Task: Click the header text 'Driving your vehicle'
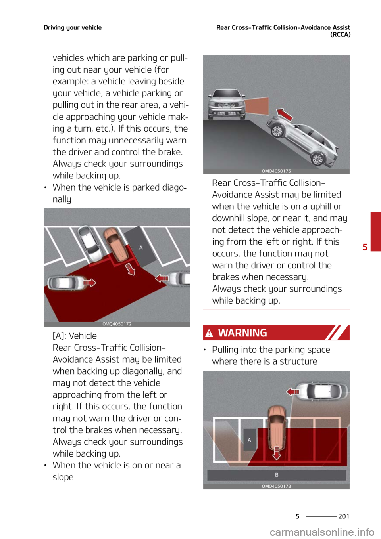73,27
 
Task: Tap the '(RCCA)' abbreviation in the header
340,35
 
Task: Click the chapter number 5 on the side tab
365,247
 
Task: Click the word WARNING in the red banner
242,333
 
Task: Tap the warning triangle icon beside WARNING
209,333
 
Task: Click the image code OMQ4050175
276,171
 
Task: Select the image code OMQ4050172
117,324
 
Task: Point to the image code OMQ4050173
276,486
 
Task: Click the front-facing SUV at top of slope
225,104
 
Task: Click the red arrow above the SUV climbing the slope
285,115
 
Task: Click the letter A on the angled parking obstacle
141,247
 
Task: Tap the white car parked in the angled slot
90,243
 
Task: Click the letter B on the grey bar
277,475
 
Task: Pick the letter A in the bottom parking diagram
249,440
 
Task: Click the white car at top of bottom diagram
321,391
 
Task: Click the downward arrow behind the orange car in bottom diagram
277,453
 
